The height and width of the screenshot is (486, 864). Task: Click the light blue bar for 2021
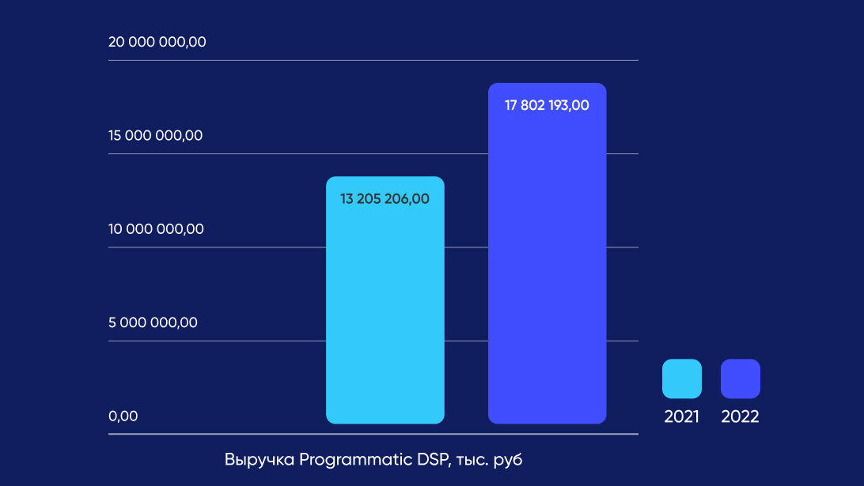(x=385, y=316)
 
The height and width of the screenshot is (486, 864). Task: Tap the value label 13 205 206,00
(x=385, y=199)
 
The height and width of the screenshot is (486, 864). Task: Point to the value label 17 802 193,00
(x=547, y=105)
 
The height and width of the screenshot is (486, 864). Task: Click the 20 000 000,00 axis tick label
(x=157, y=42)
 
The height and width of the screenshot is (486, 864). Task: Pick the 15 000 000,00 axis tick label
(x=156, y=135)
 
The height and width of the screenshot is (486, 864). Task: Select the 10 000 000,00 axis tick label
(x=156, y=229)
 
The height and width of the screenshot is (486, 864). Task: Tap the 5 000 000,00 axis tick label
(x=153, y=322)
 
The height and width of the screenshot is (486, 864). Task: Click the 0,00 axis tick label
(x=123, y=416)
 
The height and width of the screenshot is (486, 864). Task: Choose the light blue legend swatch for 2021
(x=682, y=379)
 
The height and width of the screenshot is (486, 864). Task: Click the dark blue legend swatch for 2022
(x=741, y=379)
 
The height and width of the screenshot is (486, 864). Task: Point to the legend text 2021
(x=682, y=417)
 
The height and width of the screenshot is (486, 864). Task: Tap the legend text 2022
(x=741, y=417)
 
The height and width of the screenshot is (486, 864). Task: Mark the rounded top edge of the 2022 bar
(x=547, y=85)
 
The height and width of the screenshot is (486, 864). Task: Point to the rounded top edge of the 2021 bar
(x=385, y=178)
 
